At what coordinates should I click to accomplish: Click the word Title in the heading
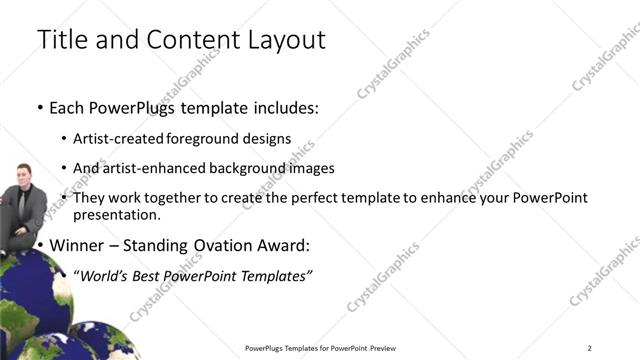pos(61,40)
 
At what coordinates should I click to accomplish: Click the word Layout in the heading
pos(282,40)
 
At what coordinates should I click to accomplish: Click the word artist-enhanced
pos(149,168)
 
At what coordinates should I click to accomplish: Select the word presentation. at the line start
pos(117,214)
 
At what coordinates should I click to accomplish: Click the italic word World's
pos(107,275)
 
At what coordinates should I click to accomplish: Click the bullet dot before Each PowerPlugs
pos(40,107)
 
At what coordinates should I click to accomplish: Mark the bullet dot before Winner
pos(40,245)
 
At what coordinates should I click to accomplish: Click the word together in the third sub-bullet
pos(179,198)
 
